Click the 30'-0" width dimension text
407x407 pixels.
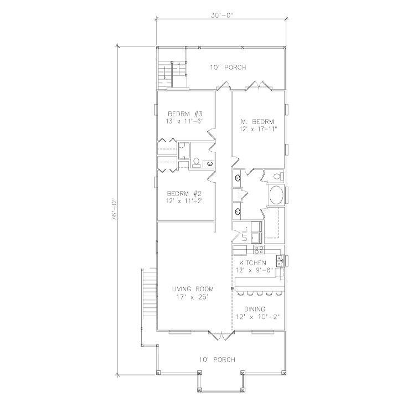point(222,15)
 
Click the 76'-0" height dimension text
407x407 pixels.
point(115,210)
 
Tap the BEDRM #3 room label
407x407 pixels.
point(185,114)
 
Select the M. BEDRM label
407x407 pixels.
point(257,121)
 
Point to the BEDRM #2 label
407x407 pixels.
point(184,193)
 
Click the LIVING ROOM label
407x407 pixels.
point(193,289)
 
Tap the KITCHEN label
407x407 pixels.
point(253,263)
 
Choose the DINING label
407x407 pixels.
point(255,309)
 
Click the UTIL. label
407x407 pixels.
point(245,234)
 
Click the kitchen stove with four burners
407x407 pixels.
point(259,250)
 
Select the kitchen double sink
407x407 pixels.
point(280,261)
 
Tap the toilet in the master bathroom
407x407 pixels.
point(278,177)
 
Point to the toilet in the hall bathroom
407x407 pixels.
point(196,162)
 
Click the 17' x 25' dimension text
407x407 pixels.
point(193,297)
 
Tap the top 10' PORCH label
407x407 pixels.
point(228,68)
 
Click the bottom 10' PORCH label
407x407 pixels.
point(217,360)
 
